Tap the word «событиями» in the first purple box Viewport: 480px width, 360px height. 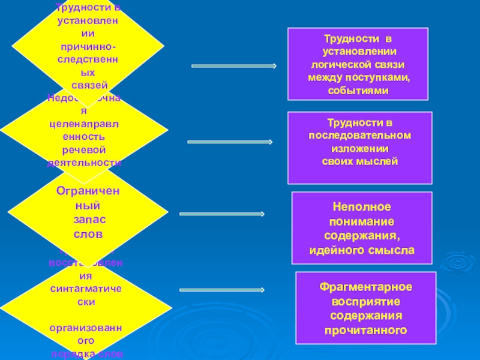pyautogui.click(x=358, y=90)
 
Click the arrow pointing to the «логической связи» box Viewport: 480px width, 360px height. pyautogui.click(x=233, y=66)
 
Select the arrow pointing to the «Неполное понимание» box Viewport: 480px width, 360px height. pyautogui.click(x=222, y=213)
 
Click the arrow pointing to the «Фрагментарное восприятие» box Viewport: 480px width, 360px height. pyautogui.click(x=223, y=290)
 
